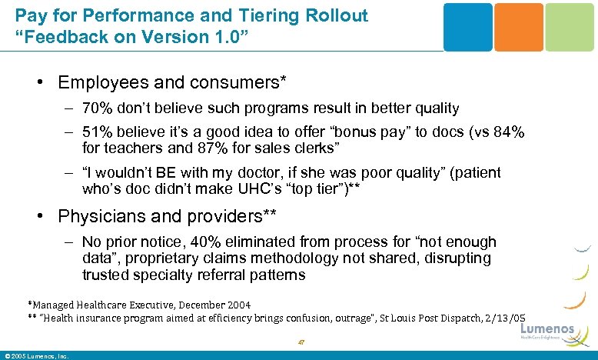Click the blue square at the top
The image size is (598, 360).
coord(468,27)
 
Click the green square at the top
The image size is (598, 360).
coord(570,27)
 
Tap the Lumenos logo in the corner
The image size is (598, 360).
coord(547,330)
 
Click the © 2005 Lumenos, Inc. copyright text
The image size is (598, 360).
coord(36,355)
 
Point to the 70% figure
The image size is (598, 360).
coord(98,108)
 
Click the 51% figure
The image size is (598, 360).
coord(98,132)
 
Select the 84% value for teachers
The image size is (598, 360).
coord(506,132)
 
